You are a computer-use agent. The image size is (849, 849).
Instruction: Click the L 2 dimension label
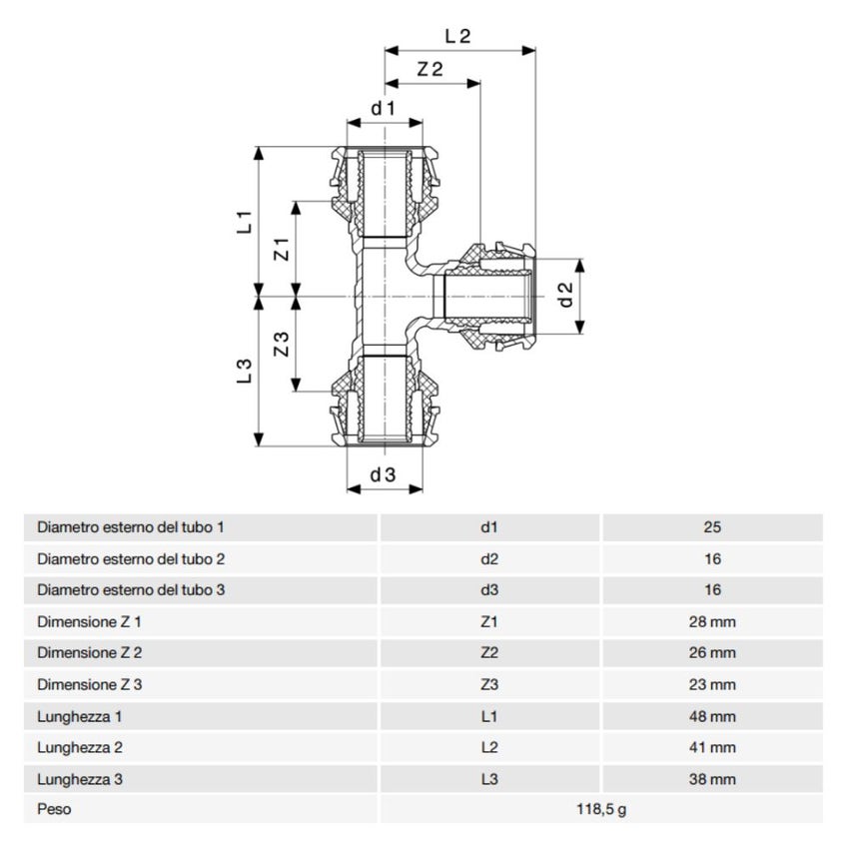tap(457, 35)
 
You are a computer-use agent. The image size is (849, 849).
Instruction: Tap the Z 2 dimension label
tap(430, 69)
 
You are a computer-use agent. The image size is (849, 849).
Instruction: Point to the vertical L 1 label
tap(243, 221)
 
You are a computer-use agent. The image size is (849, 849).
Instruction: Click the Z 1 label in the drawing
tap(282, 249)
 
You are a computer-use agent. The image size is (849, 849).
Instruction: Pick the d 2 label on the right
tap(565, 295)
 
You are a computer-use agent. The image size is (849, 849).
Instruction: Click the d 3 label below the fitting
tap(384, 475)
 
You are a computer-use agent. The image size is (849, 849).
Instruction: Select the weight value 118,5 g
tap(600, 809)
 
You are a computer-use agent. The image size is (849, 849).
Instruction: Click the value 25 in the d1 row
tap(711, 527)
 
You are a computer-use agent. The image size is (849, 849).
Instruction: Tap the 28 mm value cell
tap(711, 622)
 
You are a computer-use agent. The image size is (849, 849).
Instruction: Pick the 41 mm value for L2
tap(711, 746)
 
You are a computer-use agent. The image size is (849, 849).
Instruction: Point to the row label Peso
tap(54, 809)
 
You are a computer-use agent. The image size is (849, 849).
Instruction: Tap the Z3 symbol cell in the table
tap(489, 684)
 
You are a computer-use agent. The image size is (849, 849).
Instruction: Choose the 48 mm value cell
tap(711, 716)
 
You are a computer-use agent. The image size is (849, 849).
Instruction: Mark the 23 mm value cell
tap(711, 684)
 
